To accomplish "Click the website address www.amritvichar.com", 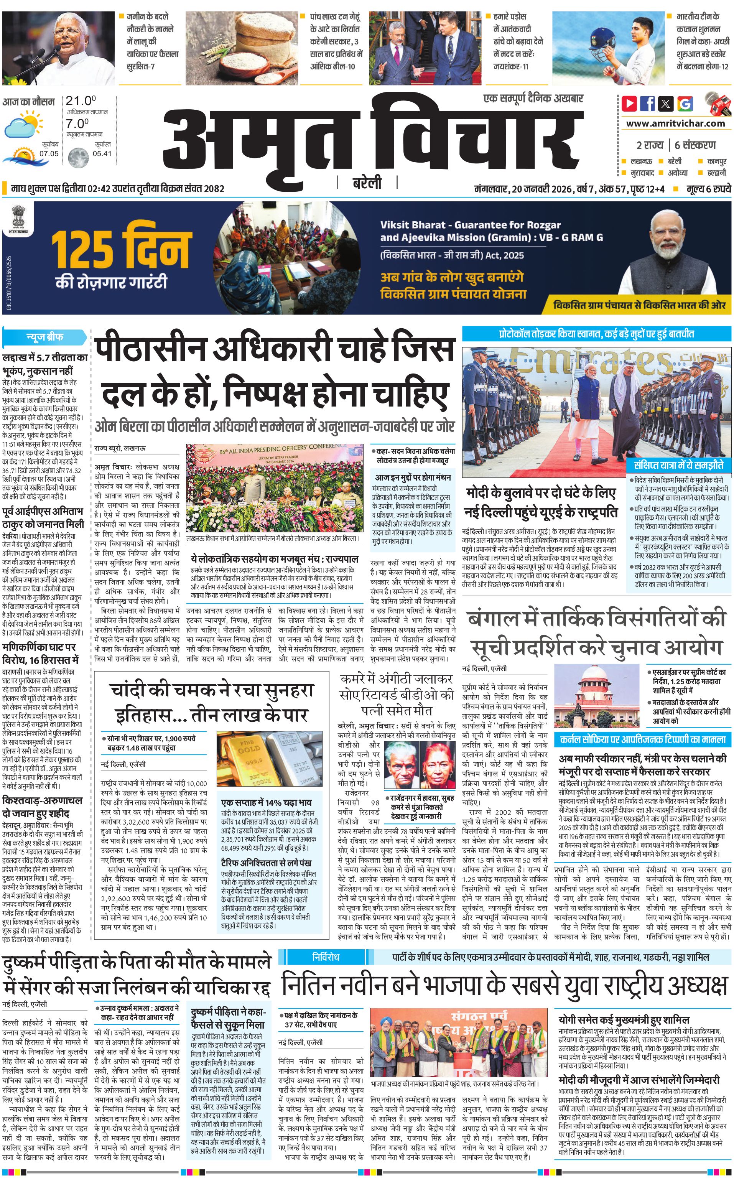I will (675, 123).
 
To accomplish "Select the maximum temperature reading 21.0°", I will (81, 101).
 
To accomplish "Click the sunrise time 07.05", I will (49, 153).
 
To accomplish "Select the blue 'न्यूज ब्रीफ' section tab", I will (44, 337).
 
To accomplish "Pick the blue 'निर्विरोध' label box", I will (325, 957).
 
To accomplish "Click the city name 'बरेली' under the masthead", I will (367, 183).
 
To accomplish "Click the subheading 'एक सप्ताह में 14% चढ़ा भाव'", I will (266, 802).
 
